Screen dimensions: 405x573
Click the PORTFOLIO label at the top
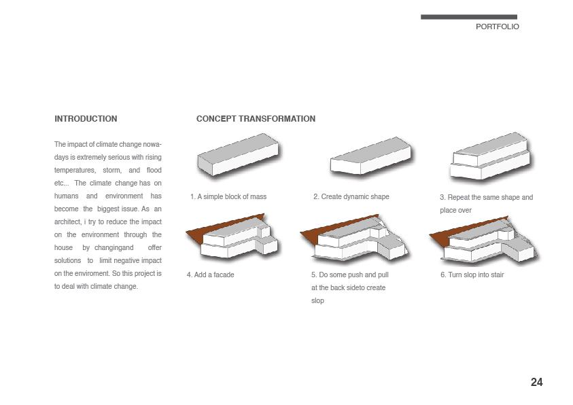point(497,27)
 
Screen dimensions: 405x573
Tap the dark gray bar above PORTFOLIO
point(468,17)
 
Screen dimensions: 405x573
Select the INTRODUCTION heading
point(86,119)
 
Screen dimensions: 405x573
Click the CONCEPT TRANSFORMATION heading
point(256,119)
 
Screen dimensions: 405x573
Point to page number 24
point(536,383)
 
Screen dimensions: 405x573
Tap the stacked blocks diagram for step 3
point(489,158)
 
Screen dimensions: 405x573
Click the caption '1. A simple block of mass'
point(228,197)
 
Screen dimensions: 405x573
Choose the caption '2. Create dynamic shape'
point(351,197)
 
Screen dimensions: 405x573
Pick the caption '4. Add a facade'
point(211,275)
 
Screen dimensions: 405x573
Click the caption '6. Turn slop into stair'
point(472,275)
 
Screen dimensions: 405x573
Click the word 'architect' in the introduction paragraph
point(67,222)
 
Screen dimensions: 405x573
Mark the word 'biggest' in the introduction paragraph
point(109,209)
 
